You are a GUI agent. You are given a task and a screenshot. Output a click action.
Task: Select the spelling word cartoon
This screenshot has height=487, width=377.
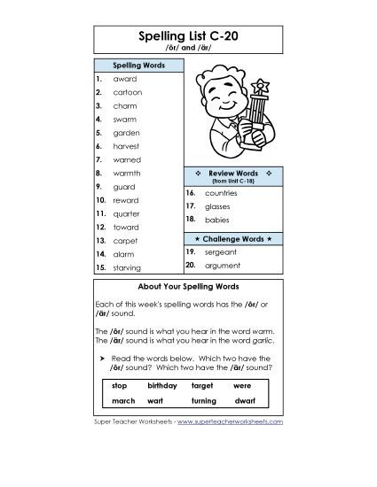tap(128, 92)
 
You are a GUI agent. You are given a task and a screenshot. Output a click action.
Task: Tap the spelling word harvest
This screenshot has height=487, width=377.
tap(126, 146)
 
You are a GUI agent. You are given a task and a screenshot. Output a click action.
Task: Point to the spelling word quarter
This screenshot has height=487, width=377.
tap(126, 213)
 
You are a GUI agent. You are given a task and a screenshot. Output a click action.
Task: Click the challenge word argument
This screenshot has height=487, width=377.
tap(223, 265)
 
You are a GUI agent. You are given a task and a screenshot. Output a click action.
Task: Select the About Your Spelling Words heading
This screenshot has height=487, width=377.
tap(188, 288)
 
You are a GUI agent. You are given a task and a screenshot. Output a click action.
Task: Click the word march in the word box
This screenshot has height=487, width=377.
tap(114, 400)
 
